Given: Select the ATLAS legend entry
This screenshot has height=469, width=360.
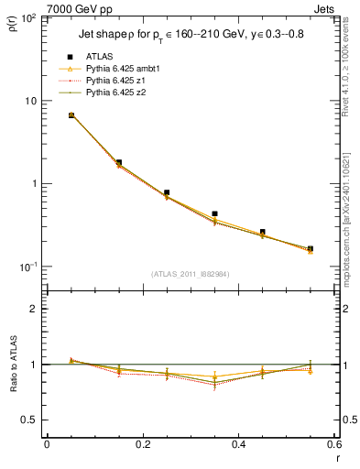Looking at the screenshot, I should coord(102,57).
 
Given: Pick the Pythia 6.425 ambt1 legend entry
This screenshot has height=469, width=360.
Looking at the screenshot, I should coord(119,69).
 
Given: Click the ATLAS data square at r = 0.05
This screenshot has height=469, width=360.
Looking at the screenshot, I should coord(71,115).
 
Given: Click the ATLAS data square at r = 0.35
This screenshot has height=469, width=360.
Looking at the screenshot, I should coord(214,213).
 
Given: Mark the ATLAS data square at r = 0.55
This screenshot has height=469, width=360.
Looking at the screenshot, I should coord(311,248).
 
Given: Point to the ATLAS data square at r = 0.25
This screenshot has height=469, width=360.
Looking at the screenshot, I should coord(167,193).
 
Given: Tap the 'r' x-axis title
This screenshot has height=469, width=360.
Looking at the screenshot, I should coord(336,455).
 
